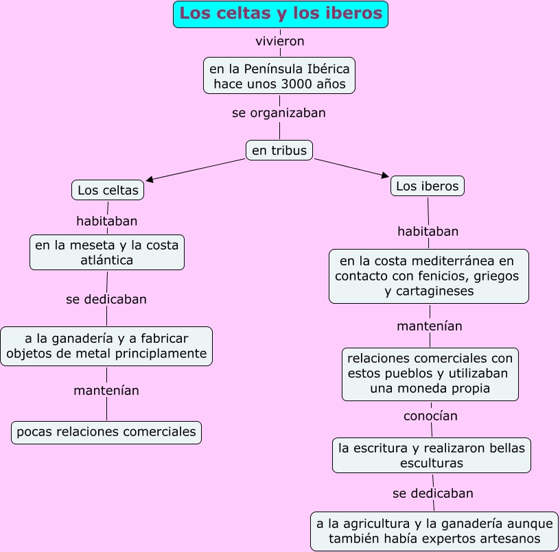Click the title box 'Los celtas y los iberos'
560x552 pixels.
point(281,14)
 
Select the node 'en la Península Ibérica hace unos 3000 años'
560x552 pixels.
point(279,75)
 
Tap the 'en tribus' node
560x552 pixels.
point(279,150)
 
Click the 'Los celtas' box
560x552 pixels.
point(108,190)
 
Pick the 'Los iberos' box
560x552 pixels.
point(428,186)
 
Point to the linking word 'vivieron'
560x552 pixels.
point(279,41)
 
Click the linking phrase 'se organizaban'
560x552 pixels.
point(279,112)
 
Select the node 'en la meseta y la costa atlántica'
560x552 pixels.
point(107,252)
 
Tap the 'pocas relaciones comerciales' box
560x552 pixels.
point(106,432)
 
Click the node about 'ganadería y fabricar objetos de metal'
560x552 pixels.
point(106,346)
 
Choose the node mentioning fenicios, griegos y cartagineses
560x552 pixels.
point(429,276)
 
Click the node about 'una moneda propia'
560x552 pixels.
point(430,374)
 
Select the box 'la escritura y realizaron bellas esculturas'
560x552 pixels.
point(432,455)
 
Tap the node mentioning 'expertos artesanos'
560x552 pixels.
point(434,531)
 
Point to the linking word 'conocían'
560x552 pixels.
point(430,416)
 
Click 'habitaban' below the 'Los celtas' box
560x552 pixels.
point(106,221)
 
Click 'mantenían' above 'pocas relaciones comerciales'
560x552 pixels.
point(106,390)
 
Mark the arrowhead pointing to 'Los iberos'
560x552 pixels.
point(385,176)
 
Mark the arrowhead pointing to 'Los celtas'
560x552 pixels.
point(150,180)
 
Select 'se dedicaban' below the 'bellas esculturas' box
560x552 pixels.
point(433,493)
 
